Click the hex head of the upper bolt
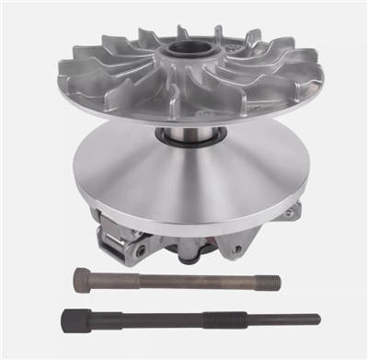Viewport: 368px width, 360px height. [81, 277]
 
